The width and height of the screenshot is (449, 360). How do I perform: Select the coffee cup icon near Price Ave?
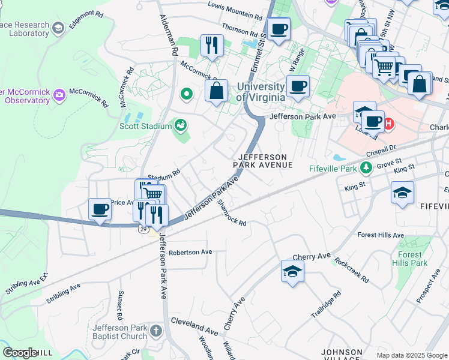click(x=100, y=209)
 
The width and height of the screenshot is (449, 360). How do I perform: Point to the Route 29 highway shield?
click(x=143, y=229)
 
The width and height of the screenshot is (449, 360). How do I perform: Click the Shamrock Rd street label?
click(x=232, y=213)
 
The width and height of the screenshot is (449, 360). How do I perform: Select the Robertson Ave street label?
click(x=190, y=252)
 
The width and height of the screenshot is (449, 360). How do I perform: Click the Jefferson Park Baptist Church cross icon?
click(x=155, y=331)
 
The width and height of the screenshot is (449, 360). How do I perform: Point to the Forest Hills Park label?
click(x=409, y=259)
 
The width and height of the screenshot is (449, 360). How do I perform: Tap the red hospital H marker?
click(x=388, y=124)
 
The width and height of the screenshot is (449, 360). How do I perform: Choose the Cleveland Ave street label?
click(x=194, y=331)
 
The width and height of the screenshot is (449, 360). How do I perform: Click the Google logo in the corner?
click(x=19, y=353)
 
